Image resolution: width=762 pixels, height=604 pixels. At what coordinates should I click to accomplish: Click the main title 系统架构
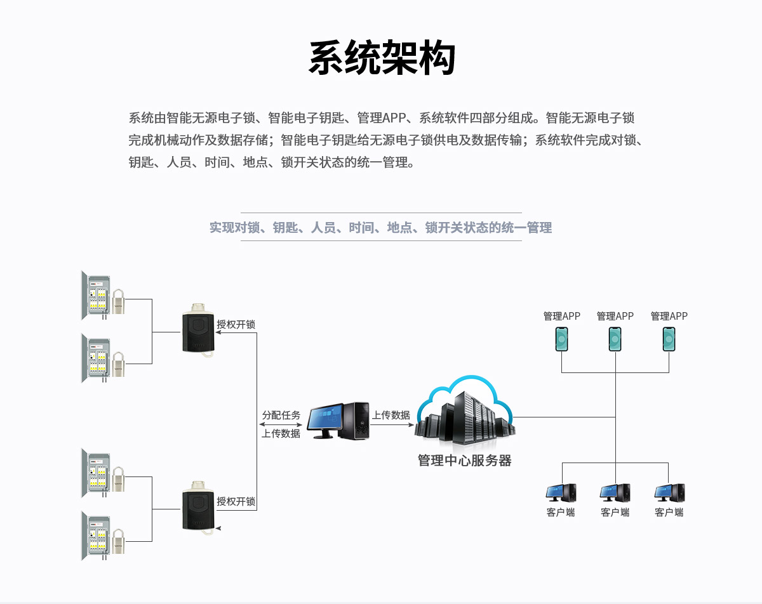(382, 59)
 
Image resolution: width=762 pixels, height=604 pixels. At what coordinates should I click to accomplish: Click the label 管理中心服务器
(464, 461)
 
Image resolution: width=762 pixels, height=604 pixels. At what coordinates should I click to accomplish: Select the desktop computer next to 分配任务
(338, 421)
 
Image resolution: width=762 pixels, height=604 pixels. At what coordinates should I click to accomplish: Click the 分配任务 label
(281, 415)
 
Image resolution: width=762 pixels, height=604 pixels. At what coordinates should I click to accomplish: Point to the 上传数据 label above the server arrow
(391, 415)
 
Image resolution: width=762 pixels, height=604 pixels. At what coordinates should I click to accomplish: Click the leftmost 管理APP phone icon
(561, 339)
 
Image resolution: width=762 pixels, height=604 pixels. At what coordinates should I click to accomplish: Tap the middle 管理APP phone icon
(615, 339)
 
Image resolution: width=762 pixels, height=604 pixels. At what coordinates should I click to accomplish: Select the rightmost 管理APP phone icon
(669, 339)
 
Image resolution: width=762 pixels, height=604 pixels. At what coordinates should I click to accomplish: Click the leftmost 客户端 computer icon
(561, 493)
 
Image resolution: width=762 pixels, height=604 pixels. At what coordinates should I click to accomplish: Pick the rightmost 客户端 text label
(669, 513)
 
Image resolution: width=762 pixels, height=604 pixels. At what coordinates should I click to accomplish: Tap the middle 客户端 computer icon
(615, 493)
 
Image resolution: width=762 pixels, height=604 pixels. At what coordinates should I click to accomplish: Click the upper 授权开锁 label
(236, 324)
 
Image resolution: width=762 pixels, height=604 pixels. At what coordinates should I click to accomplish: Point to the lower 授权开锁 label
(236, 501)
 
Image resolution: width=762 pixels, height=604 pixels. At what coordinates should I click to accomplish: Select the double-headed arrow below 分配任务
(281, 424)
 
